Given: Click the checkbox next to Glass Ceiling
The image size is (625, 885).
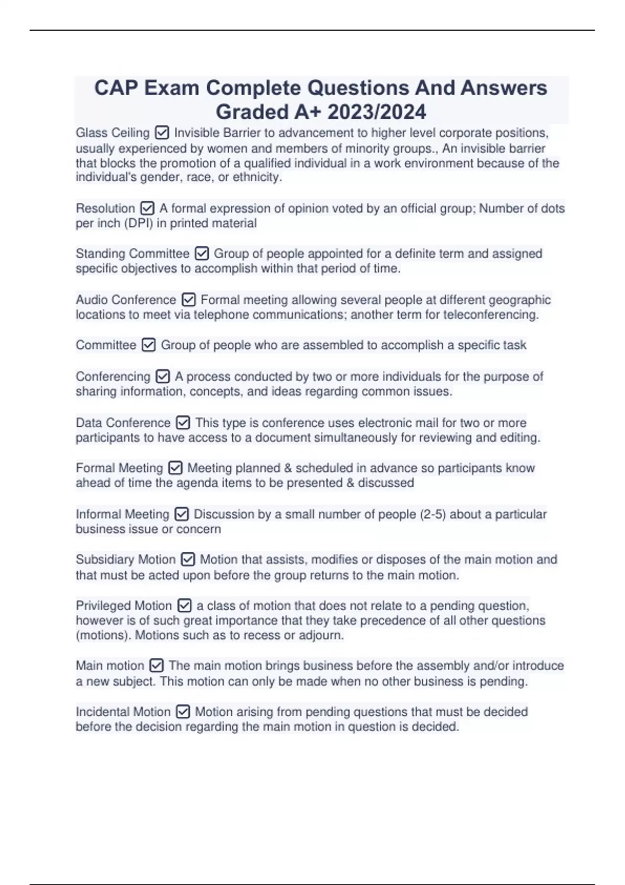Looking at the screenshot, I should tap(162, 133).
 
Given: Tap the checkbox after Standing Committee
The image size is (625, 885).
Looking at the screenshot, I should tap(202, 254).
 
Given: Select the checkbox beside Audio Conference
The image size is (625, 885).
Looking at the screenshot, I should tap(189, 300).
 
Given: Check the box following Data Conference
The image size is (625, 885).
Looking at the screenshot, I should tap(183, 423).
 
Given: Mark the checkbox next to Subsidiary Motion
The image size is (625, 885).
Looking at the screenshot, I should tap(187, 560).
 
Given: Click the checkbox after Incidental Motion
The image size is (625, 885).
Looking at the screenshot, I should tap(183, 712).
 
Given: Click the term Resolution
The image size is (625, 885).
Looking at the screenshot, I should tap(105, 208).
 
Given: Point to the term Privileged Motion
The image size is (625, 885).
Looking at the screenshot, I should tap(123, 605).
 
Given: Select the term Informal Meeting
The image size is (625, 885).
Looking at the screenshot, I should tap(122, 514).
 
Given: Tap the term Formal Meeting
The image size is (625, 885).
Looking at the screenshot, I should tap(119, 468).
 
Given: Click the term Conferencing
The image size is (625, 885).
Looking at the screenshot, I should tap(113, 376).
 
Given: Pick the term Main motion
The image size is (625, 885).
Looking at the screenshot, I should tap(109, 666).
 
